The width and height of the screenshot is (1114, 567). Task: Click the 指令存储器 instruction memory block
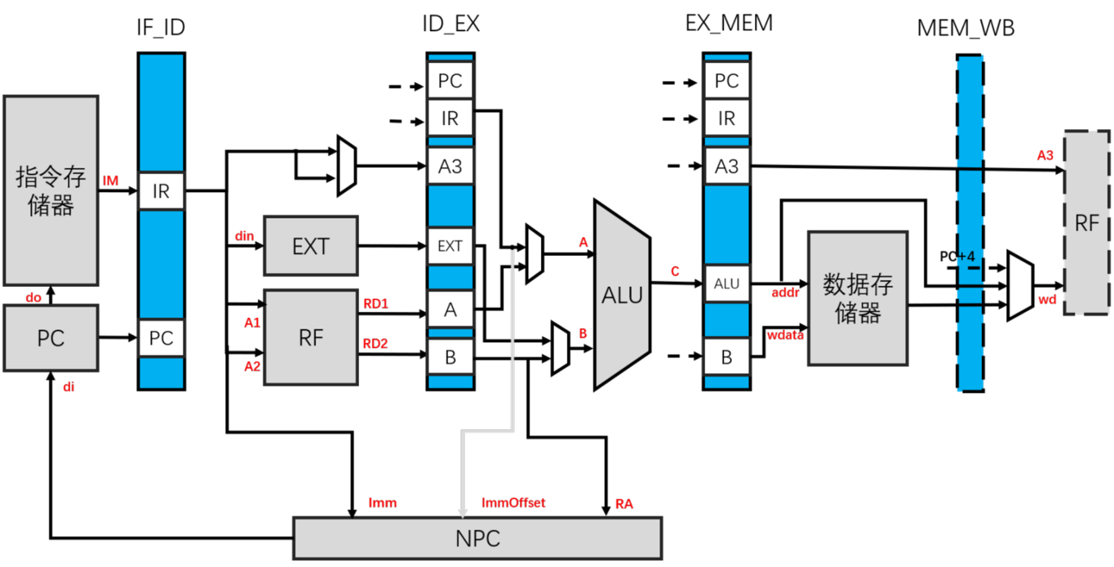[x=51, y=190]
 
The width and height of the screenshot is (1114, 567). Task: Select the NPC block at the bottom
[x=477, y=538]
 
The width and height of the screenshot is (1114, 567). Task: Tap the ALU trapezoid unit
[x=622, y=295]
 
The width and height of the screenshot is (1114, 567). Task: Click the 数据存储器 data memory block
[x=857, y=298]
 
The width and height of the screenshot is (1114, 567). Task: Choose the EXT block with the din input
[x=310, y=246]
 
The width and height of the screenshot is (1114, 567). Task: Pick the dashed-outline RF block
[x=1086, y=222]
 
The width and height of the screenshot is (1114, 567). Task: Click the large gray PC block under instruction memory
[x=51, y=338]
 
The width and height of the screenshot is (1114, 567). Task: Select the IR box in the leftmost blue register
[x=162, y=191]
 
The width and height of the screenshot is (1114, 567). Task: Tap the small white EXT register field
[x=450, y=246]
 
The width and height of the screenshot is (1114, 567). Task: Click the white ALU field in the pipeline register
[x=726, y=283]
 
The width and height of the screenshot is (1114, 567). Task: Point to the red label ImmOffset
[x=513, y=502]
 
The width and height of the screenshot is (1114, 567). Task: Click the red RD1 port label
[x=375, y=304]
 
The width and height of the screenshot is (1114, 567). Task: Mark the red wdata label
[x=785, y=335]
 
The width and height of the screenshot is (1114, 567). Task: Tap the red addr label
[x=785, y=292]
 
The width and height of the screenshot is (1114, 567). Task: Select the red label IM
[x=110, y=181]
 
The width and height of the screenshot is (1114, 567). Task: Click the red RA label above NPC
[x=624, y=504]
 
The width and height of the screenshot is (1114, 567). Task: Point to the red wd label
[x=1047, y=300]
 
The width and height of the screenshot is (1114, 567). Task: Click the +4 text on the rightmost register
[x=967, y=257]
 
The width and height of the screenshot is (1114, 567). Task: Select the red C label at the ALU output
[x=675, y=272]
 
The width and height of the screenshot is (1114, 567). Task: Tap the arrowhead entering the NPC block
[x=463, y=512]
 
